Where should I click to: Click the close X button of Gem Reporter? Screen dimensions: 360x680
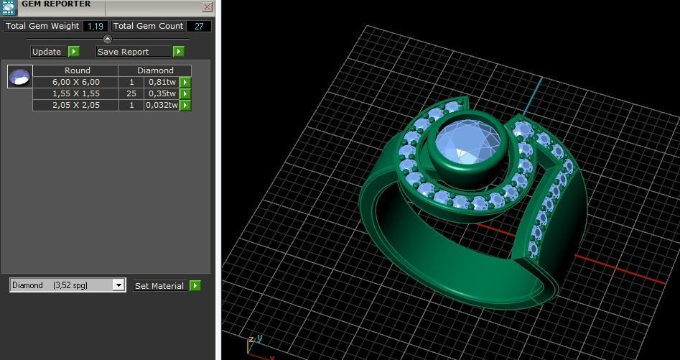(207, 7)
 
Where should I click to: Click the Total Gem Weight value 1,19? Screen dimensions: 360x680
(93, 26)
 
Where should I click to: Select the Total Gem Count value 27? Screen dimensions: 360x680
(199, 26)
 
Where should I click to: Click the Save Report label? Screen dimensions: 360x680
(123, 52)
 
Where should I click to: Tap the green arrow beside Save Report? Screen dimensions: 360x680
(179, 52)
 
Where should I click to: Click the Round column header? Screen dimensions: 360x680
(77, 70)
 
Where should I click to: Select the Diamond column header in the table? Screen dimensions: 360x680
(155, 70)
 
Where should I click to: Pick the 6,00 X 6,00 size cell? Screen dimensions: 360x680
(76, 82)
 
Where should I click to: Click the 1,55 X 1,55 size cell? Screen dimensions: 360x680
(76, 93)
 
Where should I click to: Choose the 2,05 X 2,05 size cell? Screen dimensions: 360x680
(76, 105)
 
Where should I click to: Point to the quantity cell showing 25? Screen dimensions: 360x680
(131, 93)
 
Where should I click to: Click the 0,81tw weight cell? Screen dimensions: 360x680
(162, 82)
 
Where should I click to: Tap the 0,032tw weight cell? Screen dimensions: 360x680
(162, 105)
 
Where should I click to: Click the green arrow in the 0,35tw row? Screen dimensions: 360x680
(185, 93)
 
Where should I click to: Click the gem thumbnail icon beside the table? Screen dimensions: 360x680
(19, 76)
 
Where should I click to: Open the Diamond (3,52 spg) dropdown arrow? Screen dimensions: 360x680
(118, 285)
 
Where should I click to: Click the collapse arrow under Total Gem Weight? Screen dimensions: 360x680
(108, 39)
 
